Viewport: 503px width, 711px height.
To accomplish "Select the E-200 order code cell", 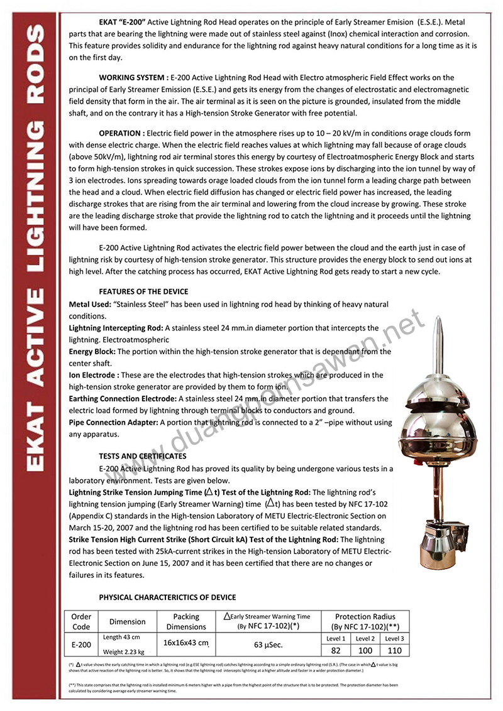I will coord(81,644).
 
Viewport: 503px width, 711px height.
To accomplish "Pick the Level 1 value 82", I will coord(335,651).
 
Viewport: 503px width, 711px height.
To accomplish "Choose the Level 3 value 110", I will coord(394,651).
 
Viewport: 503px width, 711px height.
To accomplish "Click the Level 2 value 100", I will coord(365,651).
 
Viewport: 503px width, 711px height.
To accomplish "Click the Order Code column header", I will coord(81,622).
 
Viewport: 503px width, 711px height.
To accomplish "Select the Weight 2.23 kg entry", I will coord(123,652).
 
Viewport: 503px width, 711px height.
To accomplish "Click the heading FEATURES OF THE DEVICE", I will coord(143,291).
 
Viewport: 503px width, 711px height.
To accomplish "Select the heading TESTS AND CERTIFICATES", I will coord(142,456).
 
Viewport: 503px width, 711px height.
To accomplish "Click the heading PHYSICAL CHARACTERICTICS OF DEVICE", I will coord(167,597).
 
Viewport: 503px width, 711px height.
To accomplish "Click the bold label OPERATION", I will coord(121,133).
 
